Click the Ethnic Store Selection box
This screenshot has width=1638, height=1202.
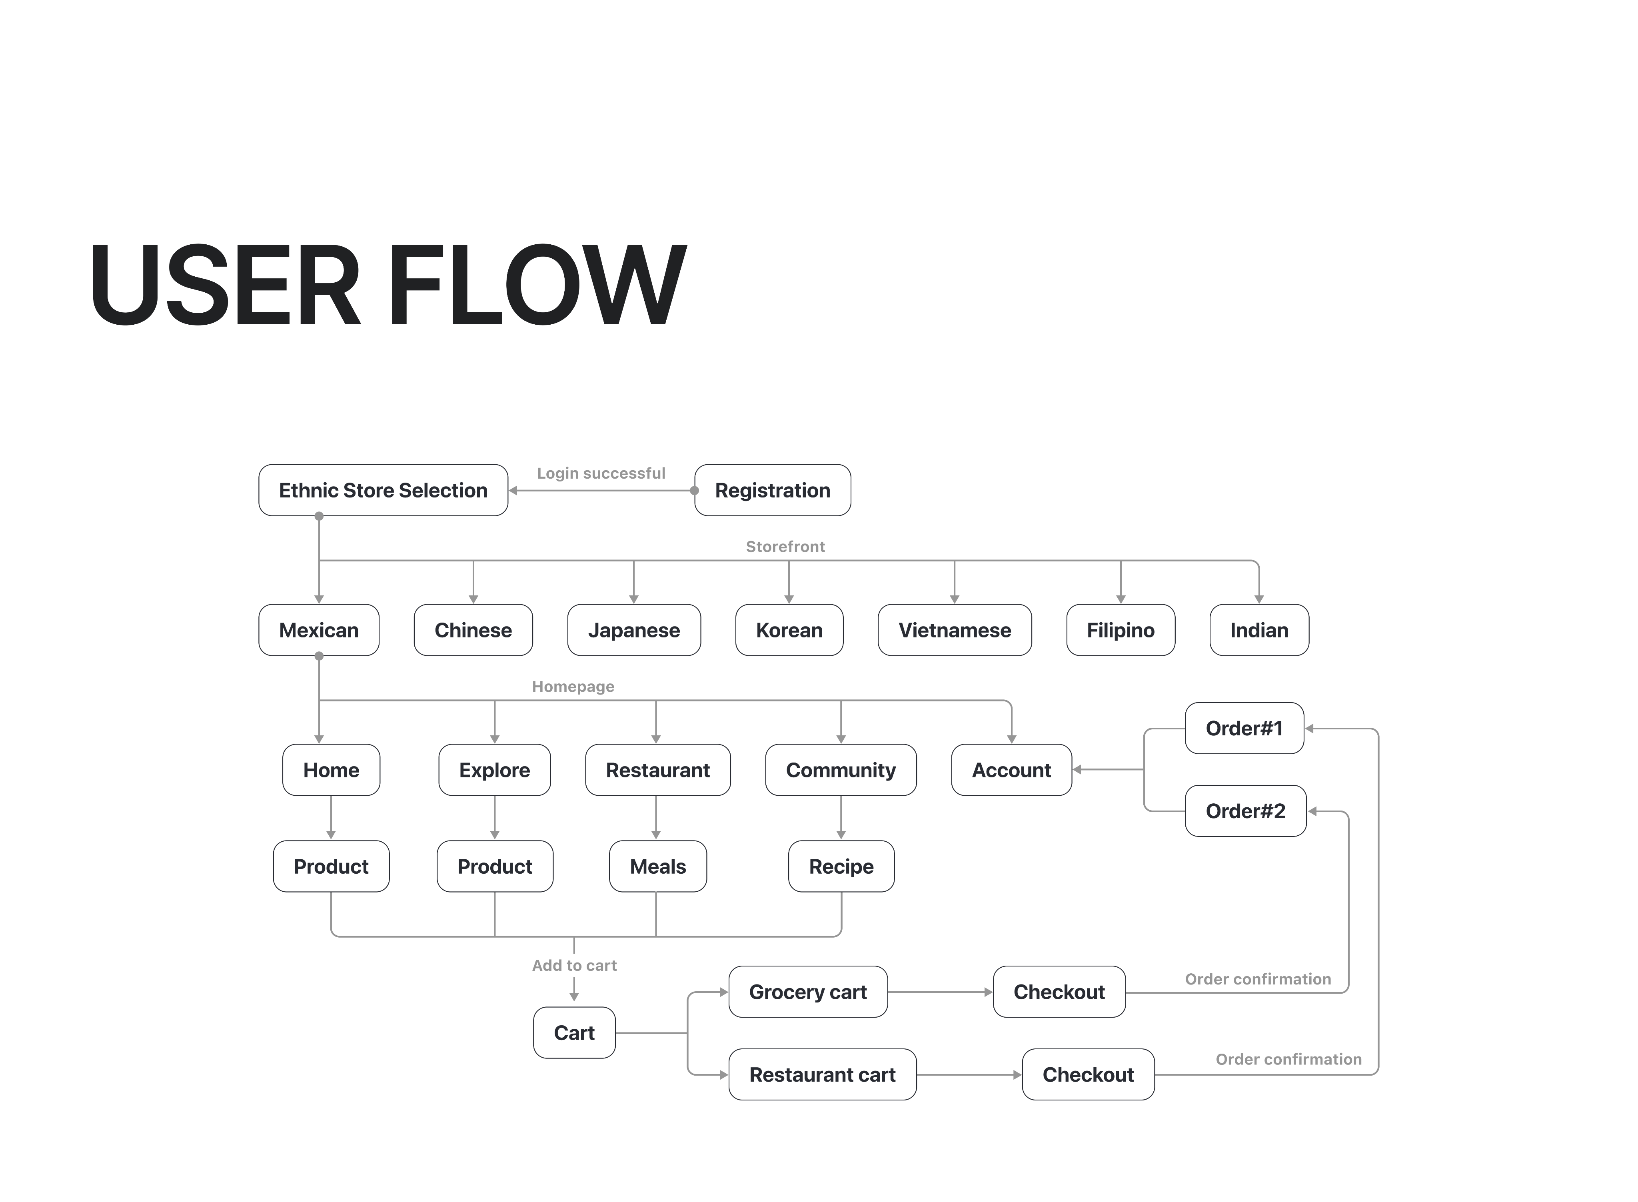click(x=383, y=490)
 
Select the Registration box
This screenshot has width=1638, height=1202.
click(x=772, y=490)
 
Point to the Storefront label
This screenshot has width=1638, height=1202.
click(x=785, y=547)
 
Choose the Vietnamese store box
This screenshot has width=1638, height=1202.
click(x=954, y=630)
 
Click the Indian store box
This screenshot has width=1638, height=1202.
click(x=1259, y=630)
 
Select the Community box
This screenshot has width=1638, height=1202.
click(x=841, y=770)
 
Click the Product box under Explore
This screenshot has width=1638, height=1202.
click(x=495, y=867)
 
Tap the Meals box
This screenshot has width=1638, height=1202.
click(x=658, y=867)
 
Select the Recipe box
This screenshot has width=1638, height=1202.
click(x=841, y=867)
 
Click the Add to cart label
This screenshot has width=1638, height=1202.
click(x=574, y=966)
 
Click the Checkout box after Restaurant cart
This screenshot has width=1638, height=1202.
click(x=1088, y=1075)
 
